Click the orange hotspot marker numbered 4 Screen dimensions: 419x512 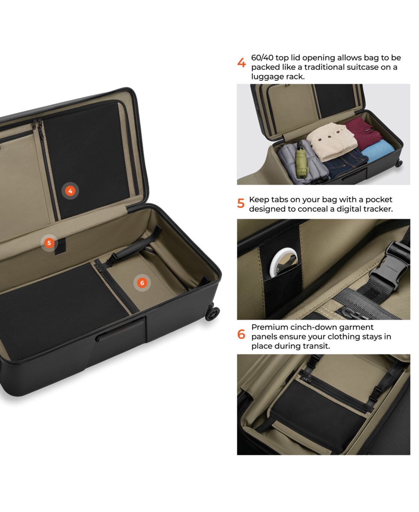[x=70, y=191]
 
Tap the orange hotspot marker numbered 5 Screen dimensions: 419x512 [x=49, y=243]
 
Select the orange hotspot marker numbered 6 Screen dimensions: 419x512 [x=142, y=283]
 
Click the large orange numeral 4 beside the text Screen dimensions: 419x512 [x=242, y=63]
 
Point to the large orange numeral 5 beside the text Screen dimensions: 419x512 [x=241, y=203]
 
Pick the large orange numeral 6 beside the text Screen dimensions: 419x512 [x=241, y=334]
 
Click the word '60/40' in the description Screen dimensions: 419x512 [x=262, y=58]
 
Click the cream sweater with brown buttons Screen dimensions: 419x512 [x=332, y=141]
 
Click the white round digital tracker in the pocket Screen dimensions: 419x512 [x=283, y=262]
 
